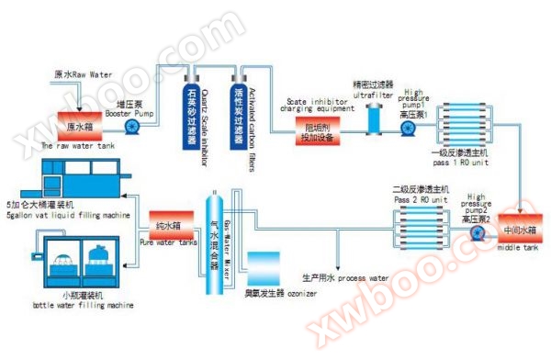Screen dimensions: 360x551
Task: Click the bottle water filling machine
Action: (x=69, y=260)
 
